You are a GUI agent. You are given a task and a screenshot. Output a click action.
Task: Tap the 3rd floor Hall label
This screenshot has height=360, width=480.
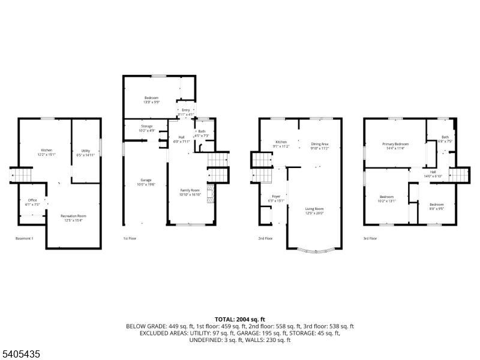(433, 174)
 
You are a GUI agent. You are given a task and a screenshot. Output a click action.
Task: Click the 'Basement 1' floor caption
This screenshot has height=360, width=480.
(25, 238)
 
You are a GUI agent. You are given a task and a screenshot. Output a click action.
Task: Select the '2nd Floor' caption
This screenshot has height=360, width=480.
(265, 238)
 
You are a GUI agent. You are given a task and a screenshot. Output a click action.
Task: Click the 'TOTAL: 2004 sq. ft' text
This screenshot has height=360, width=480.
(240, 319)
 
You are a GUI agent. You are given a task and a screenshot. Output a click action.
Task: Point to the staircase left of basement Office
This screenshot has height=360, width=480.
(22, 175)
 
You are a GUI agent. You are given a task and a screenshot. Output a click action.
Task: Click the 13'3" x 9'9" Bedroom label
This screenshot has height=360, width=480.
(151, 100)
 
